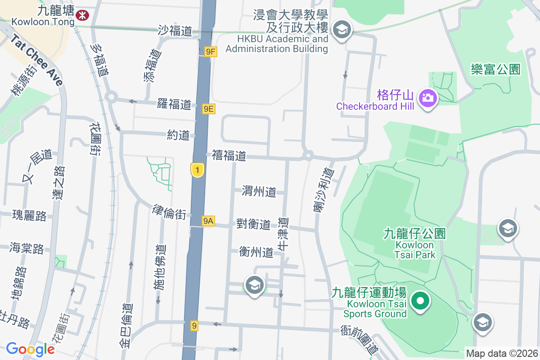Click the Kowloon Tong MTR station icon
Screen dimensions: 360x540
[82, 15]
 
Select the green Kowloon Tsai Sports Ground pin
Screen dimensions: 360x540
[420, 301]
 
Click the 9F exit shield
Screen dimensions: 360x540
[210, 52]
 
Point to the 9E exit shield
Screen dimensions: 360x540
[208, 108]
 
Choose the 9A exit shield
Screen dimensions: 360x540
[208, 220]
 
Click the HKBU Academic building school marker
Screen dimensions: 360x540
[342, 30]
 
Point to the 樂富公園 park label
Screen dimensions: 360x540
[495, 69]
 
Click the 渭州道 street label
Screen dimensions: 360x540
[259, 191]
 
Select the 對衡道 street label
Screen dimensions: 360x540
[253, 224]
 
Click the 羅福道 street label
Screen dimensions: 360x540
[174, 105]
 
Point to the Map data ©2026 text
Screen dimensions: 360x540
[502, 354]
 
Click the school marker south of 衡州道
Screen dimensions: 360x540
[255, 285]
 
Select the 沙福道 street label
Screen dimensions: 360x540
[175, 31]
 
